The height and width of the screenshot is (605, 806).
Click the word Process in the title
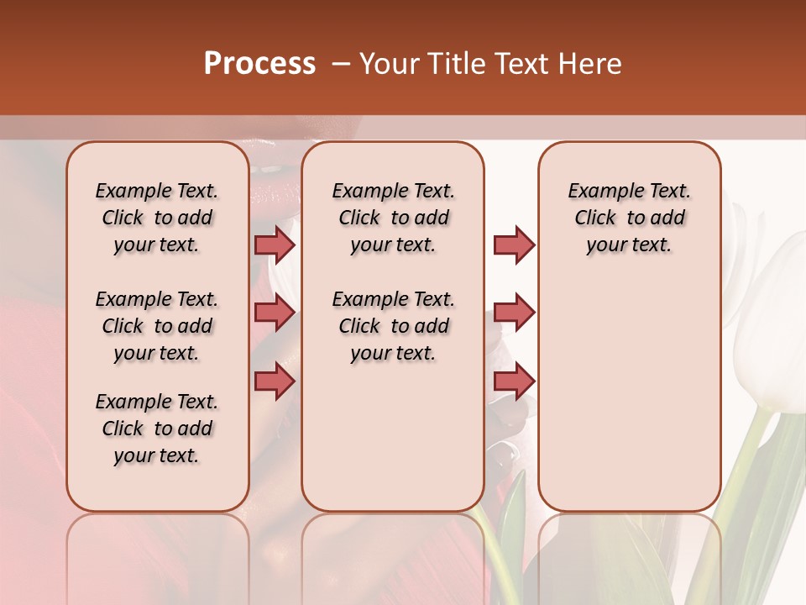point(259,64)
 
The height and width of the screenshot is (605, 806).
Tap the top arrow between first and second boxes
point(275,245)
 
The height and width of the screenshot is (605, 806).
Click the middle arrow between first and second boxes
point(275,313)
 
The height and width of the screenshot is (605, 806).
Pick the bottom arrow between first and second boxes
point(275,381)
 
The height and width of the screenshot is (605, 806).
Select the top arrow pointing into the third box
point(514,245)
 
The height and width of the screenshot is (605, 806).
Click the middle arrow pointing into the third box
point(514,313)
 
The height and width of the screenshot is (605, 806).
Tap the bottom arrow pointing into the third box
point(514,381)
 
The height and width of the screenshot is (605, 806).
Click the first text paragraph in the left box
point(157,218)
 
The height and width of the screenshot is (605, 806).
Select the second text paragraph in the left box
point(157,326)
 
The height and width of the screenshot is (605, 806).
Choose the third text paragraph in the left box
point(157,429)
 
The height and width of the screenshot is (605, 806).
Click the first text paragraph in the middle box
point(393,218)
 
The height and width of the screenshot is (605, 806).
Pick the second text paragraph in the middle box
point(393,326)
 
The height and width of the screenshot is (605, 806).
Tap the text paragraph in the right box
point(629,218)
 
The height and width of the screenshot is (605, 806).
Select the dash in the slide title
point(341,64)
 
